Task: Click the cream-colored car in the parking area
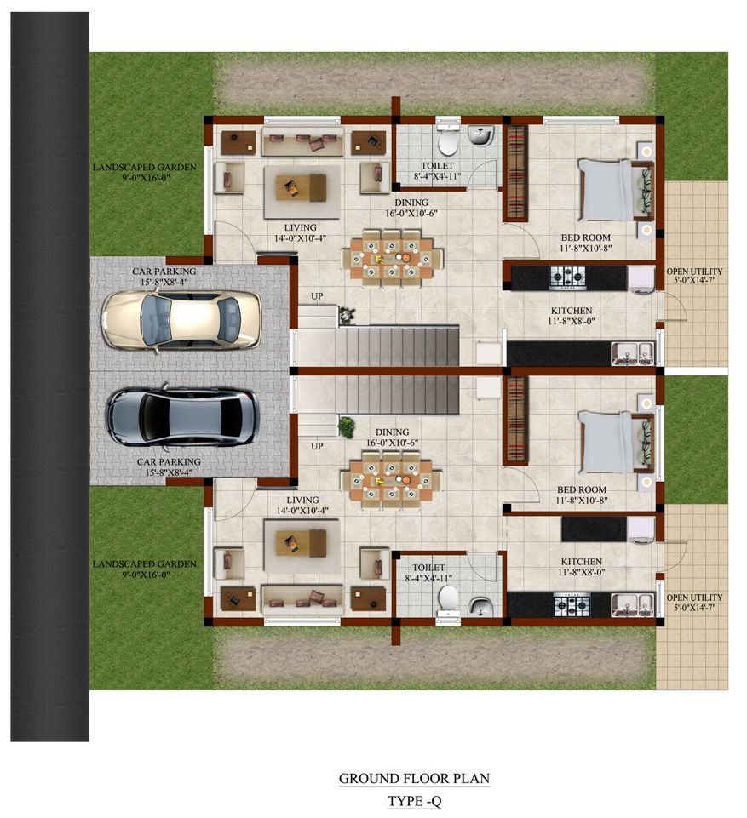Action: point(181,319)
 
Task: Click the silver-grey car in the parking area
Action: point(183,416)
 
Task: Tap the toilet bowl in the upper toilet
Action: point(448,140)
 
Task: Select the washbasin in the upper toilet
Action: point(480,135)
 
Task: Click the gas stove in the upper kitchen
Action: point(568,277)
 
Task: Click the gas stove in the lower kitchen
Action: point(572,604)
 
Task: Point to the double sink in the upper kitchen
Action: point(633,354)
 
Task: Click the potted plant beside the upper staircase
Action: point(346,314)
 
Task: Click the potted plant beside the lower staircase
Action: point(346,426)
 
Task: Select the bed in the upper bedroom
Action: point(616,190)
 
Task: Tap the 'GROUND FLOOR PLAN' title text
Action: point(415,778)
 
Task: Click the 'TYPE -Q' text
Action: point(415,801)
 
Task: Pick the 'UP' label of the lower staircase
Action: point(317,446)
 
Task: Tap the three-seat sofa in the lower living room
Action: point(302,599)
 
